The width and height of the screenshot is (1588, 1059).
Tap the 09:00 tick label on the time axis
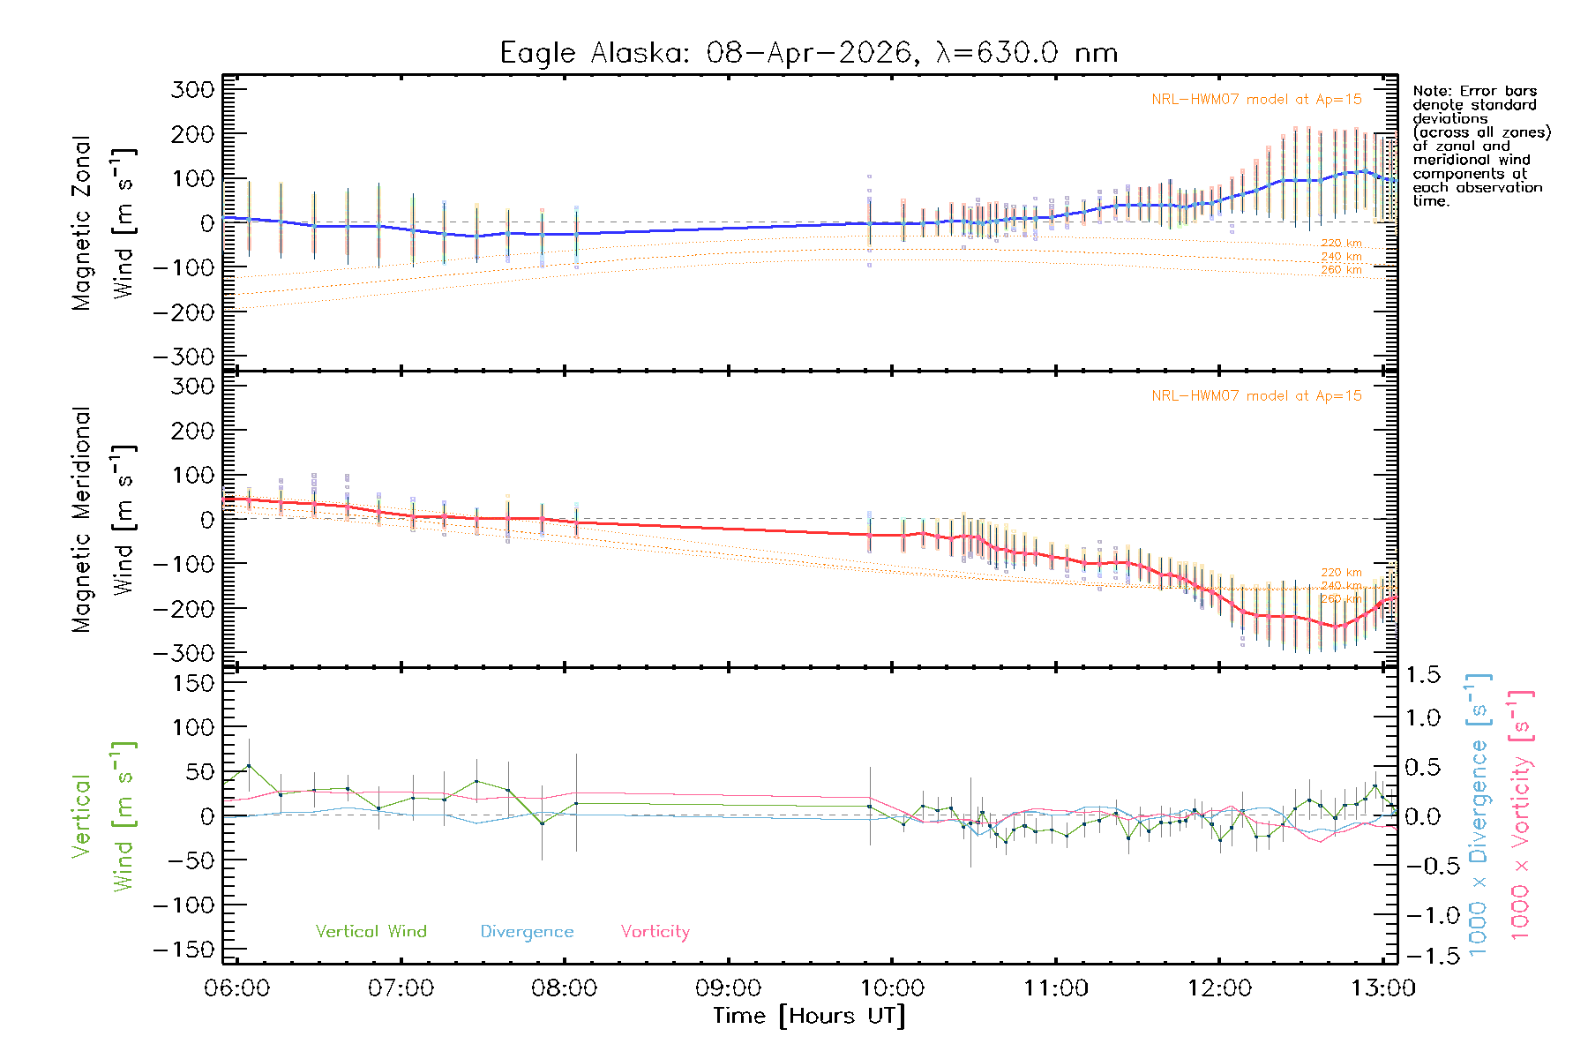click(728, 988)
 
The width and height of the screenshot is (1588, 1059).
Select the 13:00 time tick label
click(1382, 988)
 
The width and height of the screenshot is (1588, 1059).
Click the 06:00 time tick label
click(236, 988)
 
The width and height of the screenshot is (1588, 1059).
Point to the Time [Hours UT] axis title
click(809, 1016)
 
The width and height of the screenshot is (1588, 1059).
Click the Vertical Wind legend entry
click(371, 932)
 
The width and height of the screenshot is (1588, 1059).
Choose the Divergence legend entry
click(527, 932)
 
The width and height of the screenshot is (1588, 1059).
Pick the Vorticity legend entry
click(655, 932)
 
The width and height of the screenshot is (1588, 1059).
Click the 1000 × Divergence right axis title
click(1478, 815)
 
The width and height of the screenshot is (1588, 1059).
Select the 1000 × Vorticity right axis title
click(1520, 815)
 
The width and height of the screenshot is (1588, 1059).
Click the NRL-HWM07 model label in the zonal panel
click(1256, 100)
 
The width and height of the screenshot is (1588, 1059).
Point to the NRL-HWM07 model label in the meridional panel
click(1256, 396)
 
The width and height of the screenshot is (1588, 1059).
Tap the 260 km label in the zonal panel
click(1341, 270)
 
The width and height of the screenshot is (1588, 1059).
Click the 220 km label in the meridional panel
click(1341, 573)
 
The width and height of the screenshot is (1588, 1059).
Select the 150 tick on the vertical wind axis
click(193, 683)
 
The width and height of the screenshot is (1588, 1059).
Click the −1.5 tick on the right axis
click(1422, 956)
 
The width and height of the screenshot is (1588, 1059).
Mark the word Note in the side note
click(1430, 91)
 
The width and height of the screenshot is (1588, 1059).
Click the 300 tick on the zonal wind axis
click(193, 89)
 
